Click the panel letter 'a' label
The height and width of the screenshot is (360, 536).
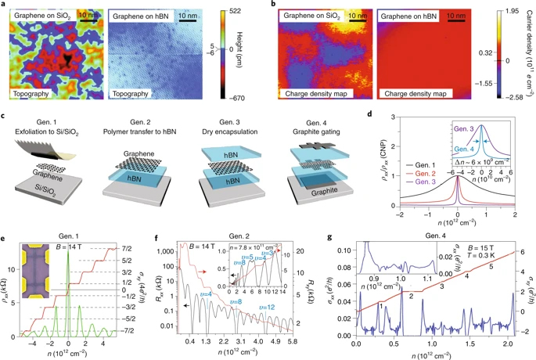[4, 5]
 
